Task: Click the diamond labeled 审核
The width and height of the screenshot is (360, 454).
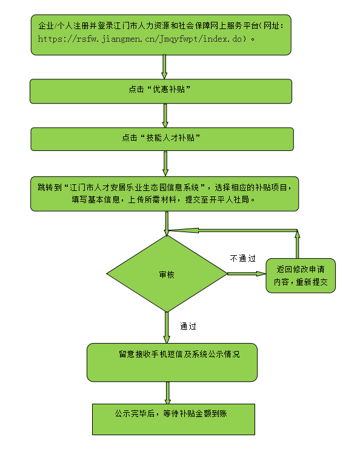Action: [167, 274]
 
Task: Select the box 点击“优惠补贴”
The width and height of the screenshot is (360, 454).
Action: [161, 91]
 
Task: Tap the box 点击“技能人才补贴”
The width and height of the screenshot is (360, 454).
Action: [161, 138]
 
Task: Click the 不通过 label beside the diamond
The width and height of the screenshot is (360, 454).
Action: [243, 258]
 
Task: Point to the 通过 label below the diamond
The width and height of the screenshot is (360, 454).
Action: [188, 326]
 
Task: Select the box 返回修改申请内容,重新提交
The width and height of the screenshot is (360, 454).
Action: [301, 276]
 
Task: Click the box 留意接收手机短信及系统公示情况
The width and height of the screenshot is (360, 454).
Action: [172, 362]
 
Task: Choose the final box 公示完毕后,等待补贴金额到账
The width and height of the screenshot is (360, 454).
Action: [173, 418]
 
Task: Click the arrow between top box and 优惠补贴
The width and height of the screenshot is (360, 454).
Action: [164, 67]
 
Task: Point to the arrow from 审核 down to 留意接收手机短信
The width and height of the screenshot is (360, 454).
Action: [167, 327]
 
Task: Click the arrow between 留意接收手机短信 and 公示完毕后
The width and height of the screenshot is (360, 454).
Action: [167, 392]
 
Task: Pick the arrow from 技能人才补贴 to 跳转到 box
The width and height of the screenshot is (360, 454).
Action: [165, 163]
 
